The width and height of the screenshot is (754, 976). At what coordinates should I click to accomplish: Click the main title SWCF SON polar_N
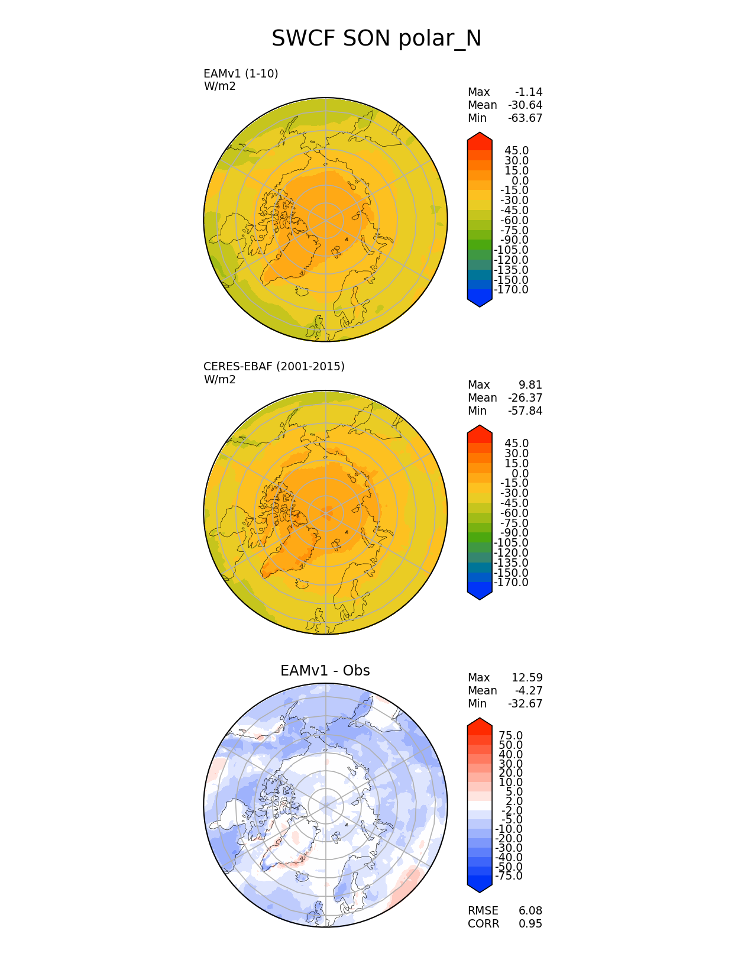[x=376, y=39]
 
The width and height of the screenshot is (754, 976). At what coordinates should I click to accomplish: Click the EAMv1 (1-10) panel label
[x=241, y=73]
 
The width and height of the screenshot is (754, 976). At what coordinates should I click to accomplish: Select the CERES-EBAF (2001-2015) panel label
[x=274, y=366]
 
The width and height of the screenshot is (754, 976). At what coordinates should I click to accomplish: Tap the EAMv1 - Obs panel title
[x=325, y=671]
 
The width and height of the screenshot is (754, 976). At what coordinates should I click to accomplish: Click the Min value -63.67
[x=525, y=118]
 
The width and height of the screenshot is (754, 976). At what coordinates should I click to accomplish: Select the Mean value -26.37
[x=525, y=398]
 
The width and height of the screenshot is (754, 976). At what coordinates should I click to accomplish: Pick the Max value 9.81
[x=530, y=385]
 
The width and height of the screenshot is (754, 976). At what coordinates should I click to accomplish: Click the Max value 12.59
[x=527, y=678]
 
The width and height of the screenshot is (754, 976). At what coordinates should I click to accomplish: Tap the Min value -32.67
[x=525, y=704]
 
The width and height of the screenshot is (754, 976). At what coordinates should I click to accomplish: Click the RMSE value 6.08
[x=530, y=911]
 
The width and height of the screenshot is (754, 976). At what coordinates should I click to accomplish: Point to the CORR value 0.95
[x=530, y=924]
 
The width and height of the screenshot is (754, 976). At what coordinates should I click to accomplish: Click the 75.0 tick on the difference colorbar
[x=511, y=736]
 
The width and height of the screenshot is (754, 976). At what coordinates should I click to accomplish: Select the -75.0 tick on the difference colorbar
[x=509, y=876]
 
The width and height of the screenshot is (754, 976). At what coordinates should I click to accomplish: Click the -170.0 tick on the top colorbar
[x=511, y=290]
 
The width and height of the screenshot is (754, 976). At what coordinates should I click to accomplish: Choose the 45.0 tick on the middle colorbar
[x=516, y=444]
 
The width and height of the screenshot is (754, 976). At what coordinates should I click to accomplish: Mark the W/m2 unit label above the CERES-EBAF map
[x=219, y=380]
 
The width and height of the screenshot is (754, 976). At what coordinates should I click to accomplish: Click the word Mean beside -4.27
[x=482, y=691]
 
